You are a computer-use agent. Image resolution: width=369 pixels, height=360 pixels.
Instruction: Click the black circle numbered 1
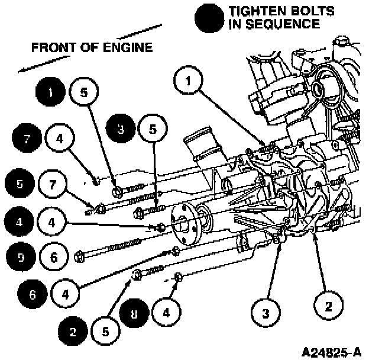[51, 93]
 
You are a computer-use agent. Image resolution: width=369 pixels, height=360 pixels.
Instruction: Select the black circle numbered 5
[21, 184]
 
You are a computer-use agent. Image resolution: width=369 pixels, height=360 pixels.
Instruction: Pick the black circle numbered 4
[20, 224]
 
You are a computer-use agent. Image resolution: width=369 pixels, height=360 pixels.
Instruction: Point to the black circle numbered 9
[21, 258]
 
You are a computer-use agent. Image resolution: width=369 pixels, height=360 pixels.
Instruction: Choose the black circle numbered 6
[33, 292]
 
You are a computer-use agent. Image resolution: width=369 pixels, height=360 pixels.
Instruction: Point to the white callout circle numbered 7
[54, 184]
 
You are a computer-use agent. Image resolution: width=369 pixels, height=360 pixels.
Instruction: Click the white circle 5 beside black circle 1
[83, 93]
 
